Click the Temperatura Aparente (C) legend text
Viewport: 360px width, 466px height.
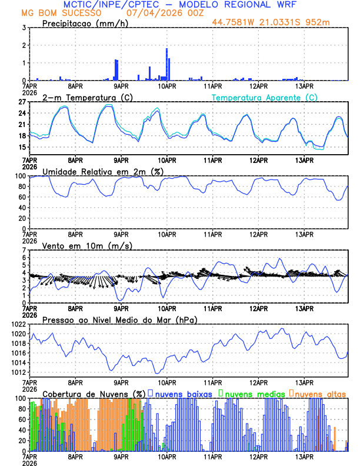tap(265, 97)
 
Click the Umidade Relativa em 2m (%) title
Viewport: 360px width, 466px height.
tap(102, 171)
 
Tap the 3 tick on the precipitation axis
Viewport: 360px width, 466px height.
tap(24, 28)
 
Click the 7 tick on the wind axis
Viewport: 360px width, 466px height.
tap(24, 251)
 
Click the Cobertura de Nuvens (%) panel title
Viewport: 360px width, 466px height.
tap(94, 394)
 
